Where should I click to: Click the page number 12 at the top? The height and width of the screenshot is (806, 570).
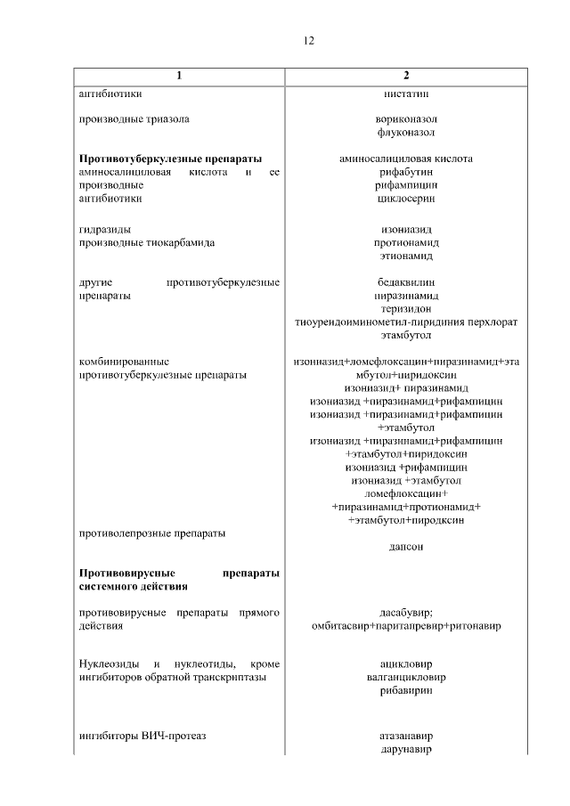coord(309,41)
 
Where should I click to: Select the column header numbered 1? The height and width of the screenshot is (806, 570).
coord(179,76)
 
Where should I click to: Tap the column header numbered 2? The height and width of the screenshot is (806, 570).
coord(406,76)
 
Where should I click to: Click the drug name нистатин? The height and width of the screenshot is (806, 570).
coord(406,93)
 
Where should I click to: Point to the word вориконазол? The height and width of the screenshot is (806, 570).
coord(406,118)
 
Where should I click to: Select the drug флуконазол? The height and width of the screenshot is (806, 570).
coord(406,132)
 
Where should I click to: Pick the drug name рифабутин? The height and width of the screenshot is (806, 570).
coord(406,172)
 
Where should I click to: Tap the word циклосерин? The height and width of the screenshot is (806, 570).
coord(406,199)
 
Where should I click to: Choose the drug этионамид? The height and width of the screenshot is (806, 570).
coord(406,256)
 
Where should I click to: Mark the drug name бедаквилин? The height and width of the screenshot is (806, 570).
coord(406,282)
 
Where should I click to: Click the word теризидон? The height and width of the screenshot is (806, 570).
coord(406,308)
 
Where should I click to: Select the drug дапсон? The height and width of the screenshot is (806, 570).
coord(406,547)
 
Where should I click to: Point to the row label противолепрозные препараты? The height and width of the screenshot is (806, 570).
coord(152,533)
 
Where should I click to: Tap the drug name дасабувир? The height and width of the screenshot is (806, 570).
coord(406,613)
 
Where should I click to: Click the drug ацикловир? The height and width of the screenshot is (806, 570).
coord(406,664)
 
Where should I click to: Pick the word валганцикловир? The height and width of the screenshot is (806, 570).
coord(406,678)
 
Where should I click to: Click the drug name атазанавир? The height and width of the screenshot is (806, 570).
coord(406,737)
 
